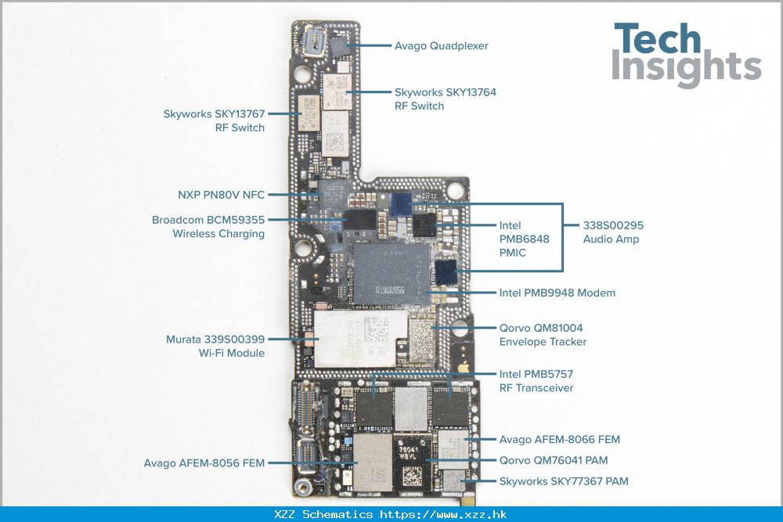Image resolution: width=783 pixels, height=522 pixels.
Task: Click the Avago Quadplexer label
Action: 441,46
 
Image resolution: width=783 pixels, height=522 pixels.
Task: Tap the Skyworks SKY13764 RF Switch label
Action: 445,99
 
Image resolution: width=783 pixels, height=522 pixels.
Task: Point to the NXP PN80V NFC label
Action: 222,194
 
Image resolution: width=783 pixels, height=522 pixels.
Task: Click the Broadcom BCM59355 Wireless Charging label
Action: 208,227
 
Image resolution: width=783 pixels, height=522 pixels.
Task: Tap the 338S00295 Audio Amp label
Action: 613,232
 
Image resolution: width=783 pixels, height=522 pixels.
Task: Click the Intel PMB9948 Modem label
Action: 557,293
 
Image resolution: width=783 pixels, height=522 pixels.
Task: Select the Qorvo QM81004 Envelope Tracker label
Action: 542,335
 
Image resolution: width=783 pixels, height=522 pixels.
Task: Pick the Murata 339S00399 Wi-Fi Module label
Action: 215,346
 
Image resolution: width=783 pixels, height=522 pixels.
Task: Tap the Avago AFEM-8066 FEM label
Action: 559,440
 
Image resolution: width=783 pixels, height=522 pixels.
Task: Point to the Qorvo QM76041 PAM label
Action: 553,461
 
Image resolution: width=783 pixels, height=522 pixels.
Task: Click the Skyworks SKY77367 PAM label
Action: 563,481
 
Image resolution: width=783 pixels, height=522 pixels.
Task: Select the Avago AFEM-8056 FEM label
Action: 204,463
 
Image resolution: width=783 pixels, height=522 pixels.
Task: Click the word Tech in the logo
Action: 657,40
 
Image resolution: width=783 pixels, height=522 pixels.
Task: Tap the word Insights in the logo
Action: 686,68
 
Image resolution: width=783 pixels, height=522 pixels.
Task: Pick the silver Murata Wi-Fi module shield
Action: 360,338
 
